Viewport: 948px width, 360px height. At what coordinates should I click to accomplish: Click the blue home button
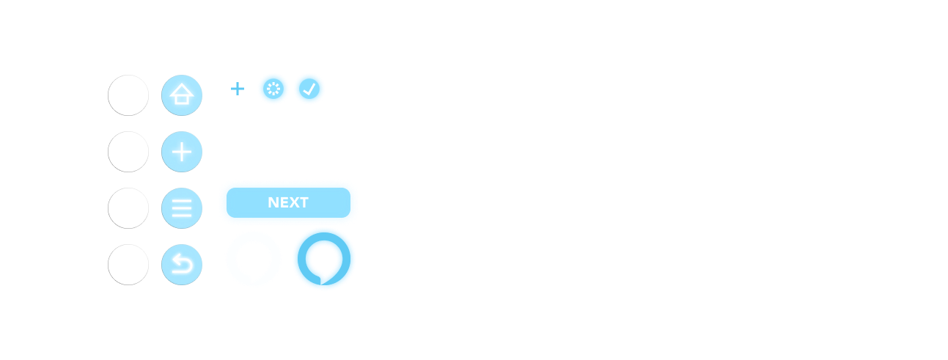[x=181, y=95]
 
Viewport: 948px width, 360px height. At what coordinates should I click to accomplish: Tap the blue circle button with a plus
[x=181, y=152]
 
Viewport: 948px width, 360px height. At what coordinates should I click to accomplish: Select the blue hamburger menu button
[x=181, y=208]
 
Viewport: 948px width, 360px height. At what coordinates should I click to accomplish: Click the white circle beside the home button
[x=128, y=95]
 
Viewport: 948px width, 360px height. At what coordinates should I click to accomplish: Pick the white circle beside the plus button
[x=128, y=152]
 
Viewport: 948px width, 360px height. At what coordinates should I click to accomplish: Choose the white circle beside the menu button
[x=128, y=208]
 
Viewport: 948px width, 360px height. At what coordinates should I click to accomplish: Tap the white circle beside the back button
[x=128, y=265]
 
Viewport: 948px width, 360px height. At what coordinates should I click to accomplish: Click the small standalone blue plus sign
[x=238, y=89]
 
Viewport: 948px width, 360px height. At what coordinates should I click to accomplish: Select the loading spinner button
[x=273, y=89]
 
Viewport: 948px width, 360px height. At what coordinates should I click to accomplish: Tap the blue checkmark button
[x=310, y=89]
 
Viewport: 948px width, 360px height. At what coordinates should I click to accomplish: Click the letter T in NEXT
[x=304, y=203]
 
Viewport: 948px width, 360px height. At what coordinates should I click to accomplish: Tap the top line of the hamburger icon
[x=181, y=201]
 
